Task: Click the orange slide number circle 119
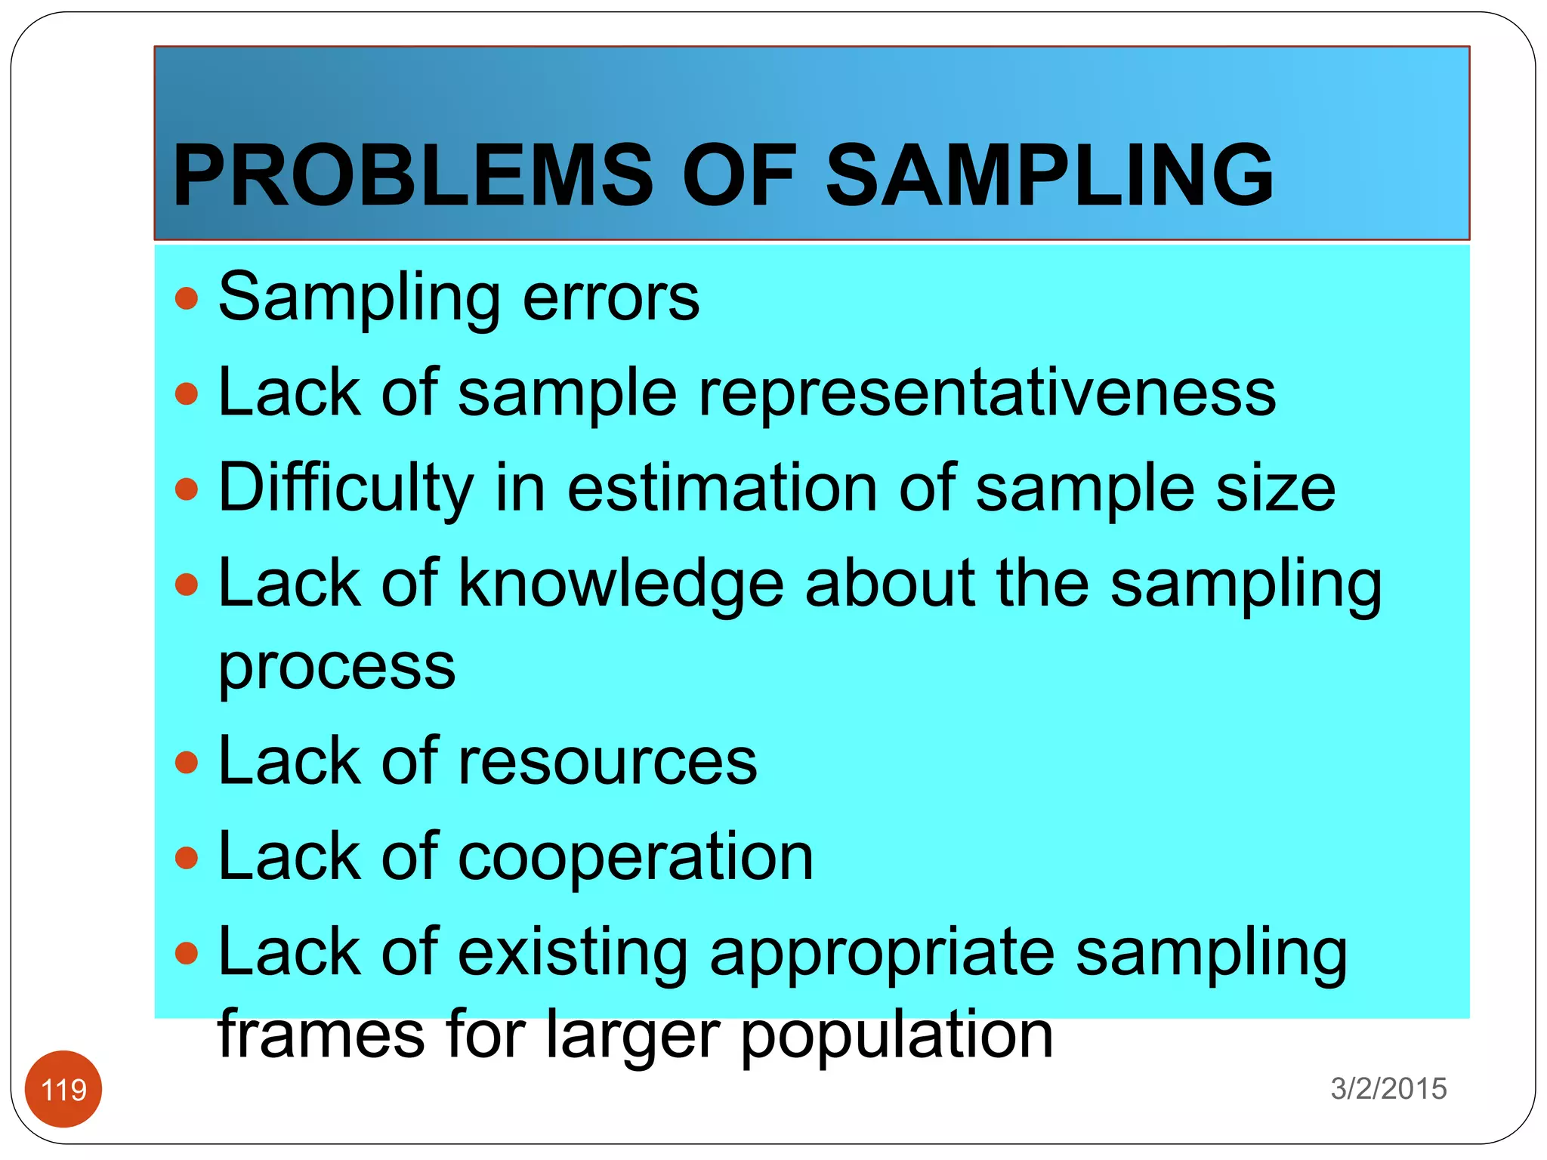[x=63, y=1089]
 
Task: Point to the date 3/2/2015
[x=1388, y=1088]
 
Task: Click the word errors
[x=611, y=298]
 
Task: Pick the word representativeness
[x=987, y=393]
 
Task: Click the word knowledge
[x=621, y=584]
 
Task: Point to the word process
[x=337, y=668]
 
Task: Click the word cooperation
[x=635, y=857]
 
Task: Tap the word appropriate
[x=882, y=953]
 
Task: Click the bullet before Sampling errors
[x=186, y=298]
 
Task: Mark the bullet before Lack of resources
[x=186, y=762]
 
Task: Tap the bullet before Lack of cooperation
[x=186, y=858]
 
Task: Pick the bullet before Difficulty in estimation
[x=186, y=489]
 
